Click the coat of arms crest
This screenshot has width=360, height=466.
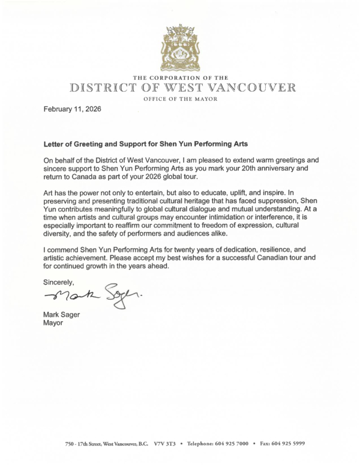pos(181,47)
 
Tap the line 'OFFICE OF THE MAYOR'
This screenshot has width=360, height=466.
pos(180,98)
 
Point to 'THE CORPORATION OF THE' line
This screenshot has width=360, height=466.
pos(180,77)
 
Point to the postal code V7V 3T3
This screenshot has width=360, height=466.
pos(169,443)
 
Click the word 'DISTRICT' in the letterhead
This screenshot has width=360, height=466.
pos(101,88)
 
